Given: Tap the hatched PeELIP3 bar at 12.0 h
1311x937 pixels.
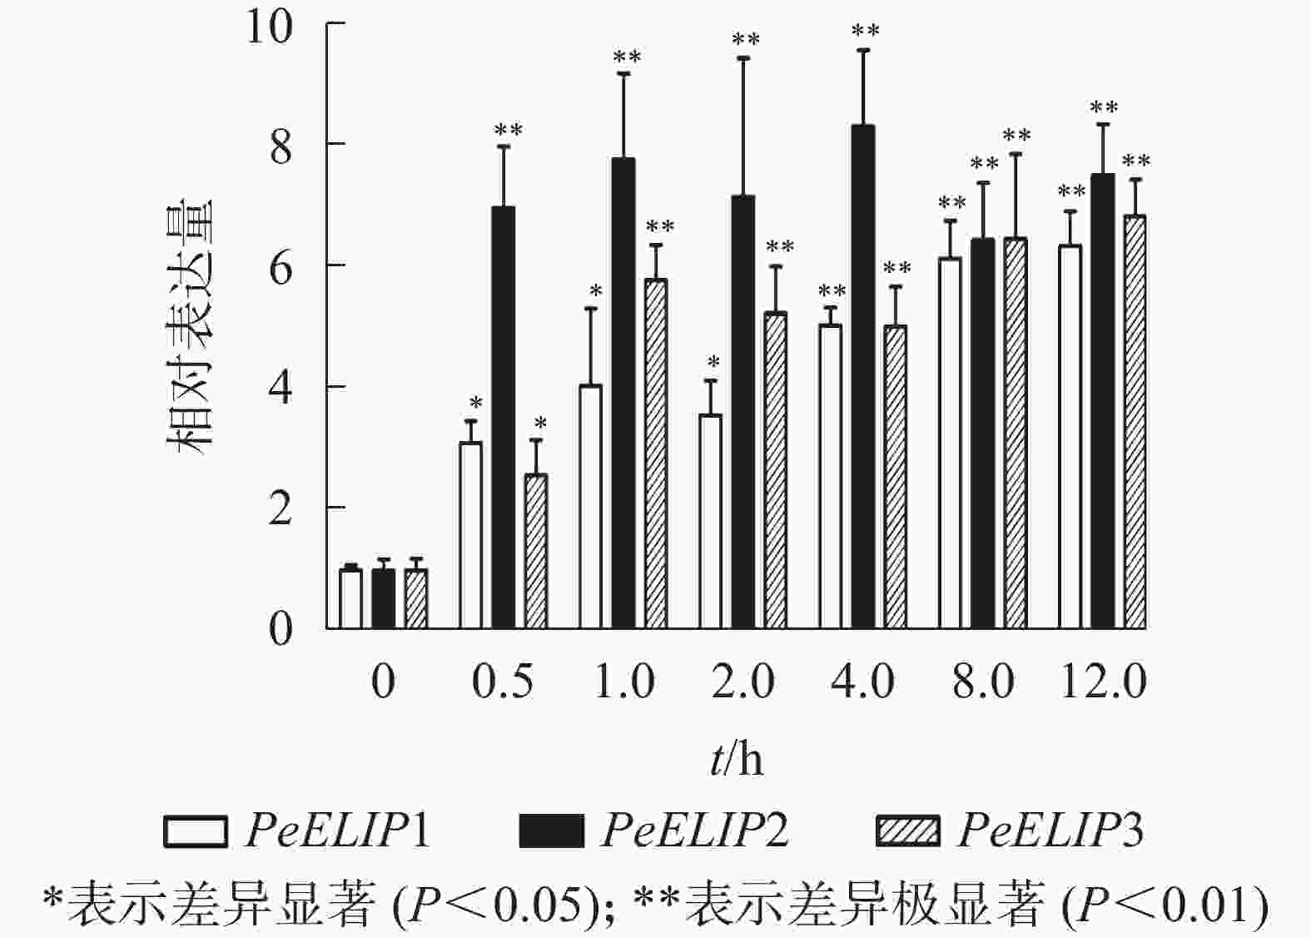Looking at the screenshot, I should pyautogui.click(x=1135, y=422).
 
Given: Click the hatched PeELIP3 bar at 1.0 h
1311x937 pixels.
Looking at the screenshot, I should pyautogui.click(x=656, y=454).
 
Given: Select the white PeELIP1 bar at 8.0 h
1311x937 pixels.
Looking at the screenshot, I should pyautogui.click(x=950, y=443).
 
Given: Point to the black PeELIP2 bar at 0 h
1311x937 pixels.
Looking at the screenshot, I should pyautogui.click(x=384, y=599).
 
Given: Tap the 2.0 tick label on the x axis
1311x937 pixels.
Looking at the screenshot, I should pyautogui.click(x=743, y=682).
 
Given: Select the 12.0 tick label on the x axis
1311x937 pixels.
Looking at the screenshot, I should pyautogui.click(x=1103, y=682).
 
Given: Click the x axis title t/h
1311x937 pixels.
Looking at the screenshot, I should pyautogui.click(x=737, y=759).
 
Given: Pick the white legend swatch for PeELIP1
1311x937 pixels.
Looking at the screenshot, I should pyautogui.click(x=196, y=831).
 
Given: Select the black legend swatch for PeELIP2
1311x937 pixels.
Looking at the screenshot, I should pyautogui.click(x=551, y=831).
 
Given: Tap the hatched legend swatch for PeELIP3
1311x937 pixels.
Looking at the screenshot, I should pyautogui.click(x=907, y=831).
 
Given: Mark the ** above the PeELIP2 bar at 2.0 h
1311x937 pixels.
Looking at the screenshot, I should pyautogui.click(x=746, y=40).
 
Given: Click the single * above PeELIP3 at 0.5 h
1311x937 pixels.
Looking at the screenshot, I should pyautogui.click(x=540, y=423).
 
